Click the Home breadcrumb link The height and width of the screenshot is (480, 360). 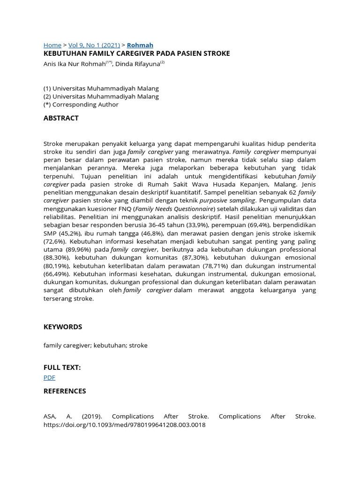pos(52,45)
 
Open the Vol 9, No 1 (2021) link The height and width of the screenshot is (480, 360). pos(94,45)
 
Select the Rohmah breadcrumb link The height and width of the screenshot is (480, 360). pos(140,45)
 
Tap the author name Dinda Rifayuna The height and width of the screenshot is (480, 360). pos(138,64)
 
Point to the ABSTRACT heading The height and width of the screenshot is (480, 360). pos(61,118)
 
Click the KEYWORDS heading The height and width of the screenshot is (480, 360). pos(63,327)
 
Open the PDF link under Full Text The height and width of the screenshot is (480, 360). pos(49,377)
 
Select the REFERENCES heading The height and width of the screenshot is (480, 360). pos(65,391)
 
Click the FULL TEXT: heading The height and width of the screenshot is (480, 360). pos(62,367)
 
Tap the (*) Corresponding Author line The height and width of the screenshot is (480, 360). pos(81,105)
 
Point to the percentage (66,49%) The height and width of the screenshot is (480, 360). pos(57,274)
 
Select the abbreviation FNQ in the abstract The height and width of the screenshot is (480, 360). pos(126,209)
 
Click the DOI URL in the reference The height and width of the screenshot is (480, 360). pos(124,425)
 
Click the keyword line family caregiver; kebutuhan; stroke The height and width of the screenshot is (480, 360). pos(95,345)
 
